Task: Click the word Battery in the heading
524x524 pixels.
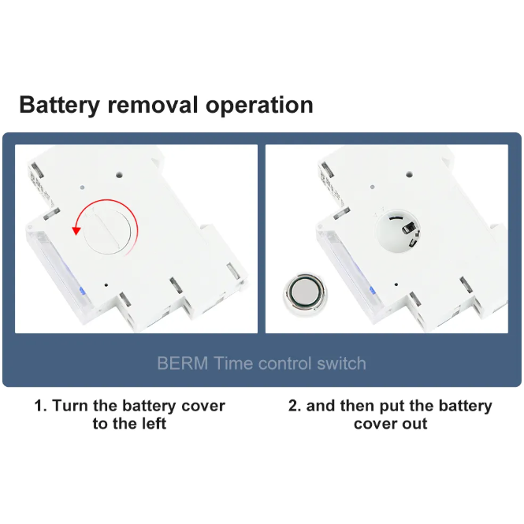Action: (59, 106)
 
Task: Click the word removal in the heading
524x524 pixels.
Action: (153, 105)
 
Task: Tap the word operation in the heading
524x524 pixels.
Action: (259, 106)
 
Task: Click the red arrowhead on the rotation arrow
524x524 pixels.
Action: (76, 230)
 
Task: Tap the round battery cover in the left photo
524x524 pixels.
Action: (107, 231)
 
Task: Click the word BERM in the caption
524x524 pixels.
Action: (183, 363)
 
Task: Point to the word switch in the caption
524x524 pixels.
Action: (341, 363)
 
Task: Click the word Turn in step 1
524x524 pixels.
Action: (71, 406)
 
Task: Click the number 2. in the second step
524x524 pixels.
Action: (295, 406)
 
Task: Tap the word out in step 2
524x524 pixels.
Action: (414, 424)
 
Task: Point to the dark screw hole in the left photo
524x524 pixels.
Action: (119, 174)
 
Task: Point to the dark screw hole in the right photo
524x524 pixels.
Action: (409, 174)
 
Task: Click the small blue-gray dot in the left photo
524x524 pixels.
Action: (82, 188)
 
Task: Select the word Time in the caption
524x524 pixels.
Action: (232, 363)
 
